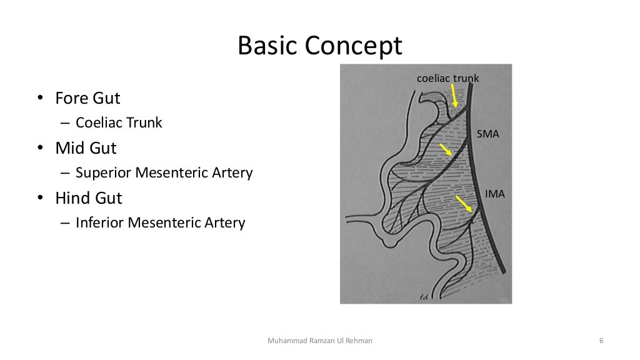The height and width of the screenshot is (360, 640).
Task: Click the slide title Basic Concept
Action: (x=319, y=47)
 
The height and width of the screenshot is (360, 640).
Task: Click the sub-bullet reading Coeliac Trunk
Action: (x=119, y=123)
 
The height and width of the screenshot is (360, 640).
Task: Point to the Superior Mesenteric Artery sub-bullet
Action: (x=164, y=172)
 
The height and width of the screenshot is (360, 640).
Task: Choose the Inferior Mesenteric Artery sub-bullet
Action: (x=161, y=222)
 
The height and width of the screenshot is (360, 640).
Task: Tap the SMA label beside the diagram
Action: (x=487, y=133)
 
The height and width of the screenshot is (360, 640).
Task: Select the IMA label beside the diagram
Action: (x=494, y=195)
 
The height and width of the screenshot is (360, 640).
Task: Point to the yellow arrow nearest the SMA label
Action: (x=446, y=150)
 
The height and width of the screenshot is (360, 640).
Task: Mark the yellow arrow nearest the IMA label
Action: (x=463, y=204)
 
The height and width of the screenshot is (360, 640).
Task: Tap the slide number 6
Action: (x=601, y=341)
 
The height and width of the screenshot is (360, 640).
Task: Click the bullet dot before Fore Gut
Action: (x=39, y=99)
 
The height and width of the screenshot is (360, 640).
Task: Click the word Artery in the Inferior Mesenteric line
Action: (x=227, y=222)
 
